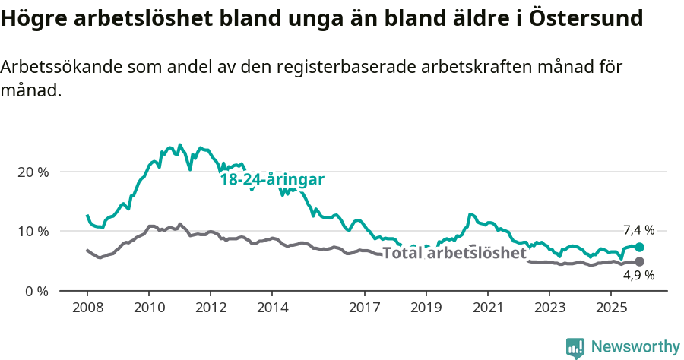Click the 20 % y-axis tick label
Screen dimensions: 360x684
33,172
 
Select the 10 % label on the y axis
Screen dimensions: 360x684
33,231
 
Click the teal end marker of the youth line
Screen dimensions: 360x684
639,247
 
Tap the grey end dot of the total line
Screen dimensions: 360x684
639,262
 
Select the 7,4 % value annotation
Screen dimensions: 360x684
638,230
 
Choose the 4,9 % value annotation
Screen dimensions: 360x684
638,276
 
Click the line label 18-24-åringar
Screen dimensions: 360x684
272,180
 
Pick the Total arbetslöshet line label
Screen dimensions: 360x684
454,253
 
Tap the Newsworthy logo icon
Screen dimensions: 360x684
575,348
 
